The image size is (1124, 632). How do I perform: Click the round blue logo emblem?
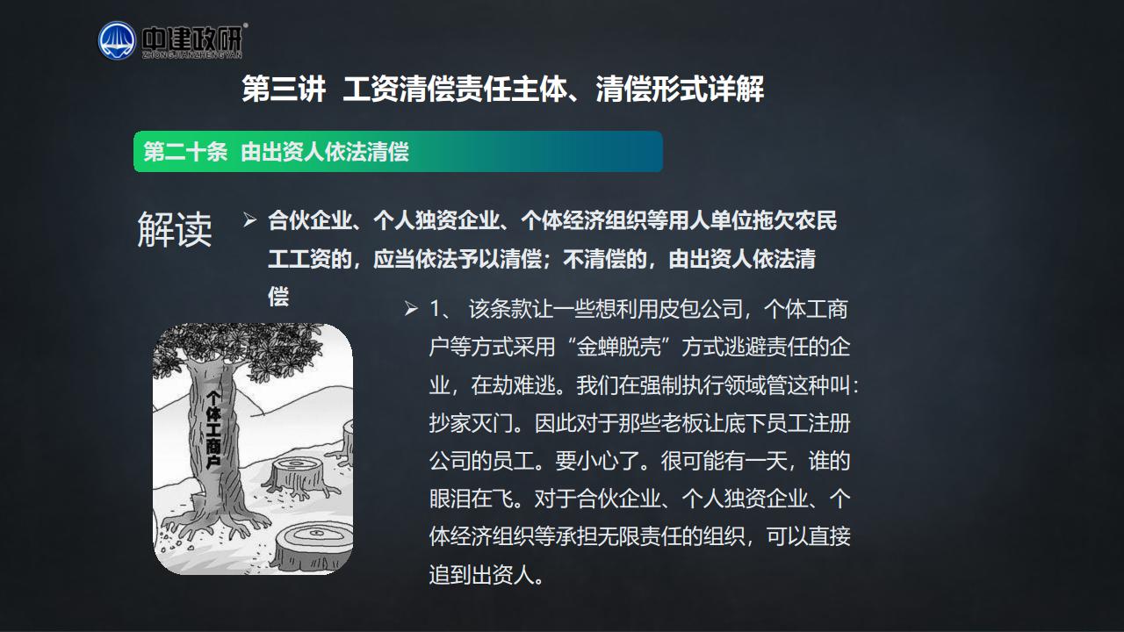coord(117,40)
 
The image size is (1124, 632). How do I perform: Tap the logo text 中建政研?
coord(192,39)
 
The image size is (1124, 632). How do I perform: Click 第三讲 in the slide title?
coord(284,90)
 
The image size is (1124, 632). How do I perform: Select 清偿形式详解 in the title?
coord(680,90)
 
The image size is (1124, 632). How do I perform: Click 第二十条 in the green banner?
coord(185,152)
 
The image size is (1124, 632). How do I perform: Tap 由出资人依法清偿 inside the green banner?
coord(325,152)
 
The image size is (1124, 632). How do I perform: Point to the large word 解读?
coord(175,229)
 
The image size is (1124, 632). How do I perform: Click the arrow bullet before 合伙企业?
coord(250,219)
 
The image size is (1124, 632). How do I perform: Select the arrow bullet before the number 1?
coord(412,308)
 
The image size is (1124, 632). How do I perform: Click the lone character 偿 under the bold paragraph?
coord(278,297)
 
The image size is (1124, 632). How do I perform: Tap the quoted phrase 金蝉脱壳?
coord(619,347)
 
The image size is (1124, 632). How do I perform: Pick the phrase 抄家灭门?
coord(472,423)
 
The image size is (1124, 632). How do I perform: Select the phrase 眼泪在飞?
coord(472,499)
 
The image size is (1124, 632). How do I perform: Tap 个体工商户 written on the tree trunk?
coord(213,430)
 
